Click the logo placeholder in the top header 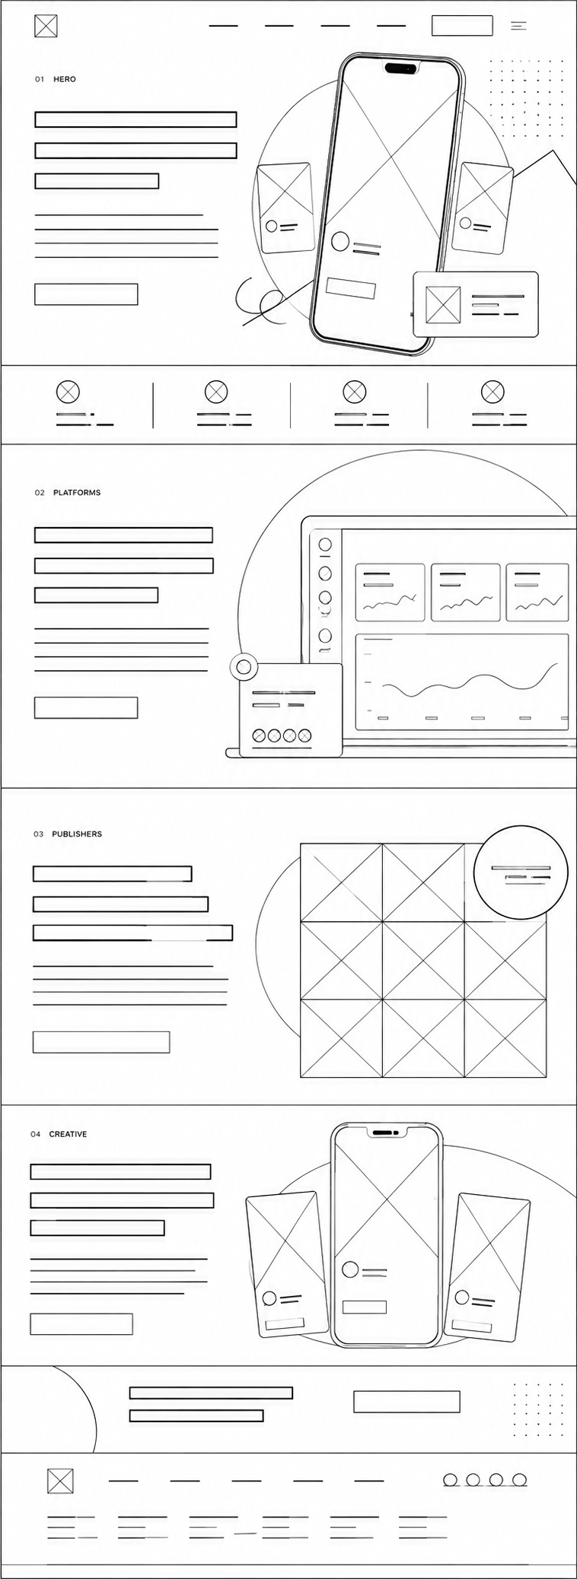pyautogui.click(x=46, y=26)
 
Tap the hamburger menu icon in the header pyautogui.click(x=518, y=26)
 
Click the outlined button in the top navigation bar pyautogui.click(x=462, y=25)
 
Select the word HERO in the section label pyautogui.click(x=65, y=79)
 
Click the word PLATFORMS pyautogui.click(x=77, y=493)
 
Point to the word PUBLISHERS pyautogui.click(x=77, y=834)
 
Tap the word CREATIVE pyautogui.click(x=68, y=1134)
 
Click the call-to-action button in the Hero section pyautogui.click(x=86, y=294)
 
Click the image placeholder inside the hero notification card pyautogui.click(x=443, y=304)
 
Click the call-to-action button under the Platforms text pyautogui.click(x=86, y=707)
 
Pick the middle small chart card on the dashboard pyautogui.click(x=466, y=593)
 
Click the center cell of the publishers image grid pyautogui.click(x=423, y=960)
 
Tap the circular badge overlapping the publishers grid pyautogui.click(x=521, y=872)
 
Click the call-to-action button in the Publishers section pyautogui.click(x=101, y=1042)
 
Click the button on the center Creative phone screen pyautogui.click(x=364, y=1307)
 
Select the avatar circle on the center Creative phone pyautogui.click(x=350, y=1269)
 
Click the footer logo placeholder pyautogui.click(x=60, y=1481)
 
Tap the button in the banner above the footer pyautogui.click(x=406, y=1401)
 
